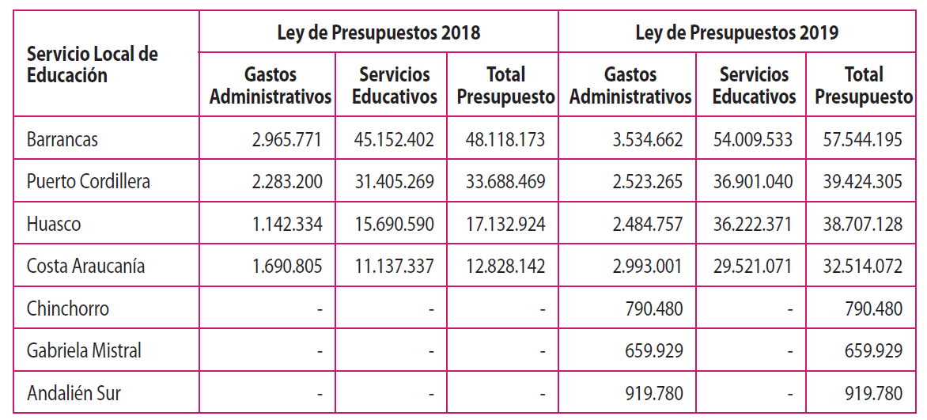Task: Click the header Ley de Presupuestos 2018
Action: (378, 33)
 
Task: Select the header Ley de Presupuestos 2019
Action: (737, 33)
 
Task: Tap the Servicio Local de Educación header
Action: (93, 65)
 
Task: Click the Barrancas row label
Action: (62, 139)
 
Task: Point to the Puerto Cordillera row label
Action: (88, 181)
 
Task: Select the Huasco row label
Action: (54, 224)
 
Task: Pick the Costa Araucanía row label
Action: (85, 266)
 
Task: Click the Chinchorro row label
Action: (67, 308)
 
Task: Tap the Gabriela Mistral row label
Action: (84, 350)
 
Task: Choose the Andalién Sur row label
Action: (74, 393)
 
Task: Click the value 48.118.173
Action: (505, 139)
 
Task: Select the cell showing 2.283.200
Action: (287, 181)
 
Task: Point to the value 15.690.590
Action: (395, 224)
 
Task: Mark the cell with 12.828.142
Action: (505, 266)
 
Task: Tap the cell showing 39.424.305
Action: (862, 181)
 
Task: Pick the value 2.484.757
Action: (646, 224)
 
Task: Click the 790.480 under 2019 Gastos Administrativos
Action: (653, 308)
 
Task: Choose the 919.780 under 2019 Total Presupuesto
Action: (873, 393)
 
